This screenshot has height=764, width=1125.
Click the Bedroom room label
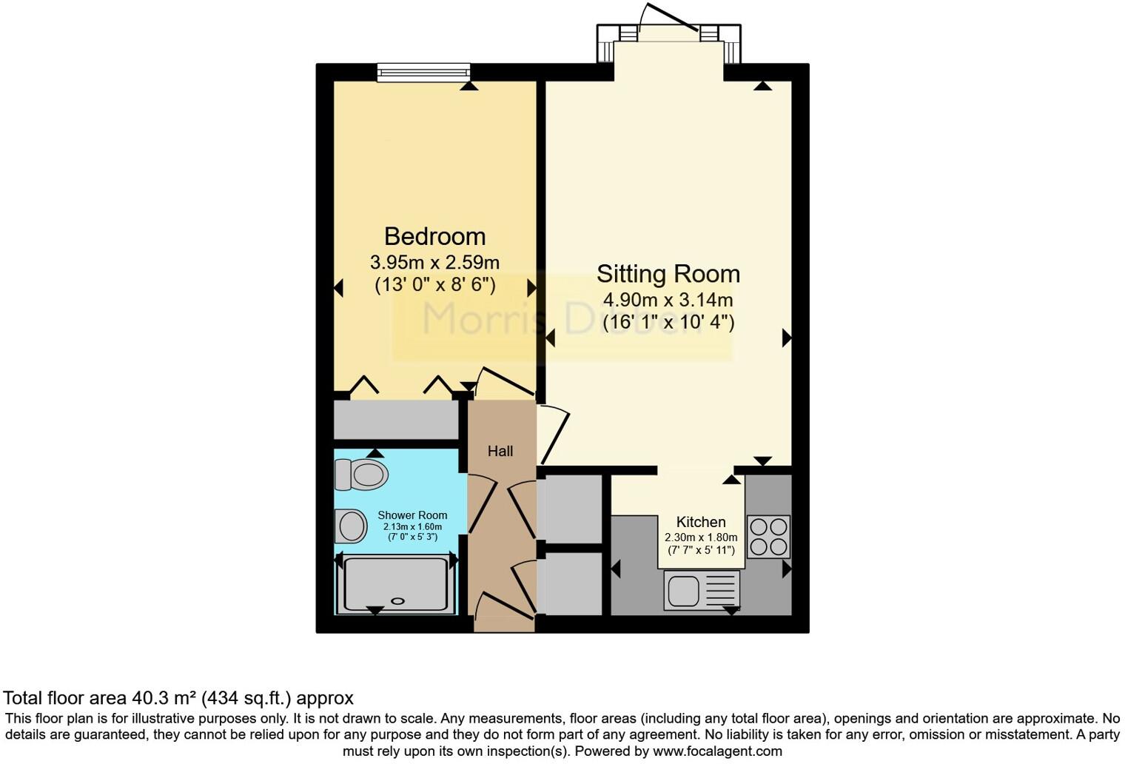point(434,236)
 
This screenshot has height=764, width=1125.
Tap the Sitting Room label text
point(668,274)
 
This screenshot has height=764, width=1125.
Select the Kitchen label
point(700,522)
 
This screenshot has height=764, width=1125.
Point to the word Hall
point(500,451)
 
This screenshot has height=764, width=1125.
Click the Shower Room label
point(412,515)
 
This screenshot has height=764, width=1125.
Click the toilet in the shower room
point(362,474)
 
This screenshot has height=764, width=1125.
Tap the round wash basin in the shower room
point(352,527)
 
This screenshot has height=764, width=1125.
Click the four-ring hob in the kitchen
point(768,537)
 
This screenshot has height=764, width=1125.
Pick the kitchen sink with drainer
point(701,590)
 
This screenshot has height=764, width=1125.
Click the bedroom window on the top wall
point(423,71)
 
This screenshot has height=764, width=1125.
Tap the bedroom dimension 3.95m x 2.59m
point(434,262)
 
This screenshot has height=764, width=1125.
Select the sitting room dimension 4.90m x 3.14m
point(668,300)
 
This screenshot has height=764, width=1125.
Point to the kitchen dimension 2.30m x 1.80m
point(700,537)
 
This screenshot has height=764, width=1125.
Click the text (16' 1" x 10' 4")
point(668,322)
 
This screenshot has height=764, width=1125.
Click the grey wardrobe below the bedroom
point(396,420)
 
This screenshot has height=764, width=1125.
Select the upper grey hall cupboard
point(573,509)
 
